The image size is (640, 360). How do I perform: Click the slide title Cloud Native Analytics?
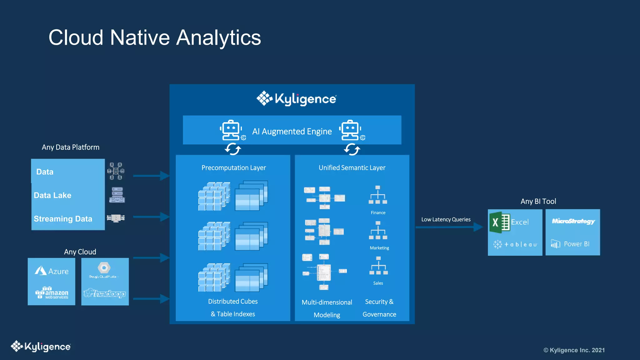click(x=155, y=38)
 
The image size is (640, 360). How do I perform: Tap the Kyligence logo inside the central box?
click(x=296, y=99)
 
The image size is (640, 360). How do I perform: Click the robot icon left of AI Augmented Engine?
click(x=231, y=130)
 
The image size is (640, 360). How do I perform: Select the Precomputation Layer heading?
click(x=233, y=168)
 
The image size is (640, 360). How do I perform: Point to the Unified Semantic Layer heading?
click(x=352, y=168)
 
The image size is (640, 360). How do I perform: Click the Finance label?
click(x=378, y=213)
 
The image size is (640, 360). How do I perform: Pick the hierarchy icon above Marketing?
click(x=378, y=231)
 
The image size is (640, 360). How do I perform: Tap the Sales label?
click(x=378, y=283)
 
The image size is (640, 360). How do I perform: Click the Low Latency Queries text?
click(x=446, y=219)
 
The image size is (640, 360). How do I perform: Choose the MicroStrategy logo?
click(x=573, y=221)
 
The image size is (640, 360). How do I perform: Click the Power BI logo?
click(x=570, y=244)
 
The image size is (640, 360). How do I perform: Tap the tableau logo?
click(x=515, y=244)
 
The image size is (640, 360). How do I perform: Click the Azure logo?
click(x=52, y=271)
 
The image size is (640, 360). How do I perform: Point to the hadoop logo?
click(x=105, y=293)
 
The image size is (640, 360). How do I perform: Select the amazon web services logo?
click(x=52, y=293)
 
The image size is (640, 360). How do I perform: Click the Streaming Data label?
click(x=63, y=219)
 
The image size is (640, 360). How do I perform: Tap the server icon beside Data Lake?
click(x=117, y=195)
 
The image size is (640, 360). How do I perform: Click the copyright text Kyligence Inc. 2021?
click(x=574, y=350)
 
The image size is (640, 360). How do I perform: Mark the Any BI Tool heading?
click(x=538, y=201)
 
